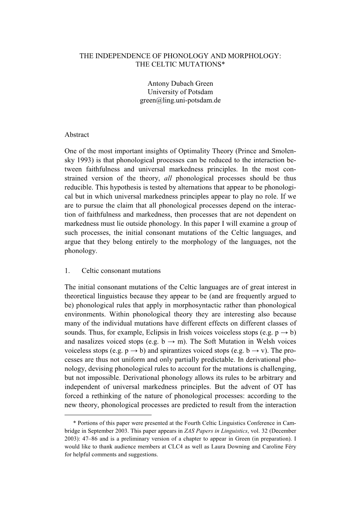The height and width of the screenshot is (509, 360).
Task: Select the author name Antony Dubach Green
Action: [180, 84]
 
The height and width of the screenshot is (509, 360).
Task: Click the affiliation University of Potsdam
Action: [180, 92]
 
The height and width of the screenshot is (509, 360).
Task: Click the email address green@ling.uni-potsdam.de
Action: [180, 101]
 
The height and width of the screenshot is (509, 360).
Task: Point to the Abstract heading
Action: [77, 135]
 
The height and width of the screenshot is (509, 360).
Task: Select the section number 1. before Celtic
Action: [67, 271]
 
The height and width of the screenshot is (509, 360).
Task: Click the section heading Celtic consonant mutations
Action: [121, 271]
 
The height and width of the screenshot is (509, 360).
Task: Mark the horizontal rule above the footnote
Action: [108, 415]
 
